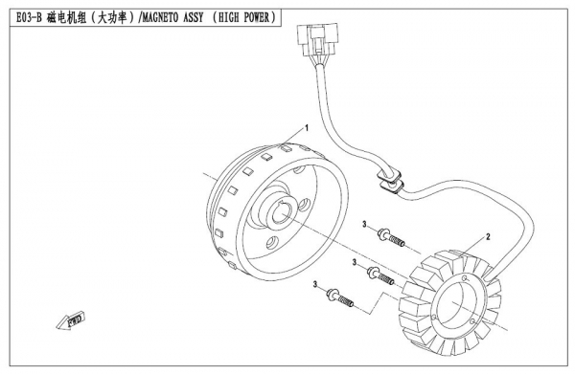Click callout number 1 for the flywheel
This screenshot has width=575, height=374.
(305, 127)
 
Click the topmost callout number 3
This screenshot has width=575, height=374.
(365, 223)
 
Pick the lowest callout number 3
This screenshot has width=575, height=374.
(314, 284)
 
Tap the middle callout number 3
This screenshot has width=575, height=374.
(356, 260)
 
